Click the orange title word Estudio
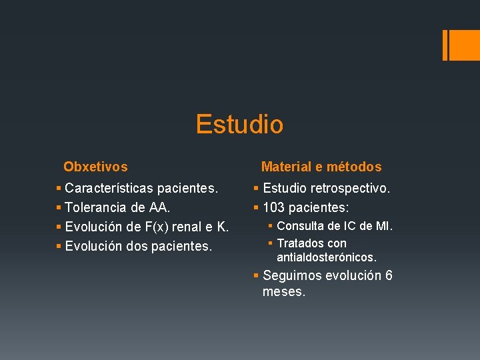239,125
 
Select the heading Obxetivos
95,167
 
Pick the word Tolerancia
98,208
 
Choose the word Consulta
300,226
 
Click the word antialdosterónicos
327,257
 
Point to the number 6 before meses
389,275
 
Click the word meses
284,291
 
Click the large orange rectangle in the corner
461,45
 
